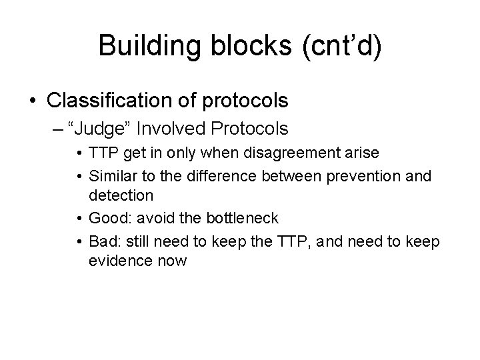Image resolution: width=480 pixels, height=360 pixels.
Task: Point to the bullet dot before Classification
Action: [33, 101]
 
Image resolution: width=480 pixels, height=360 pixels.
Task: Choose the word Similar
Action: [111, 176]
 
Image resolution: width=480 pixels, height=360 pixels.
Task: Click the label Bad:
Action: [105, 241]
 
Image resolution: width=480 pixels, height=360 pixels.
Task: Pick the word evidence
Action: [118, 260]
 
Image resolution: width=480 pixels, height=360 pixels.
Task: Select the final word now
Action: [171, 260]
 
